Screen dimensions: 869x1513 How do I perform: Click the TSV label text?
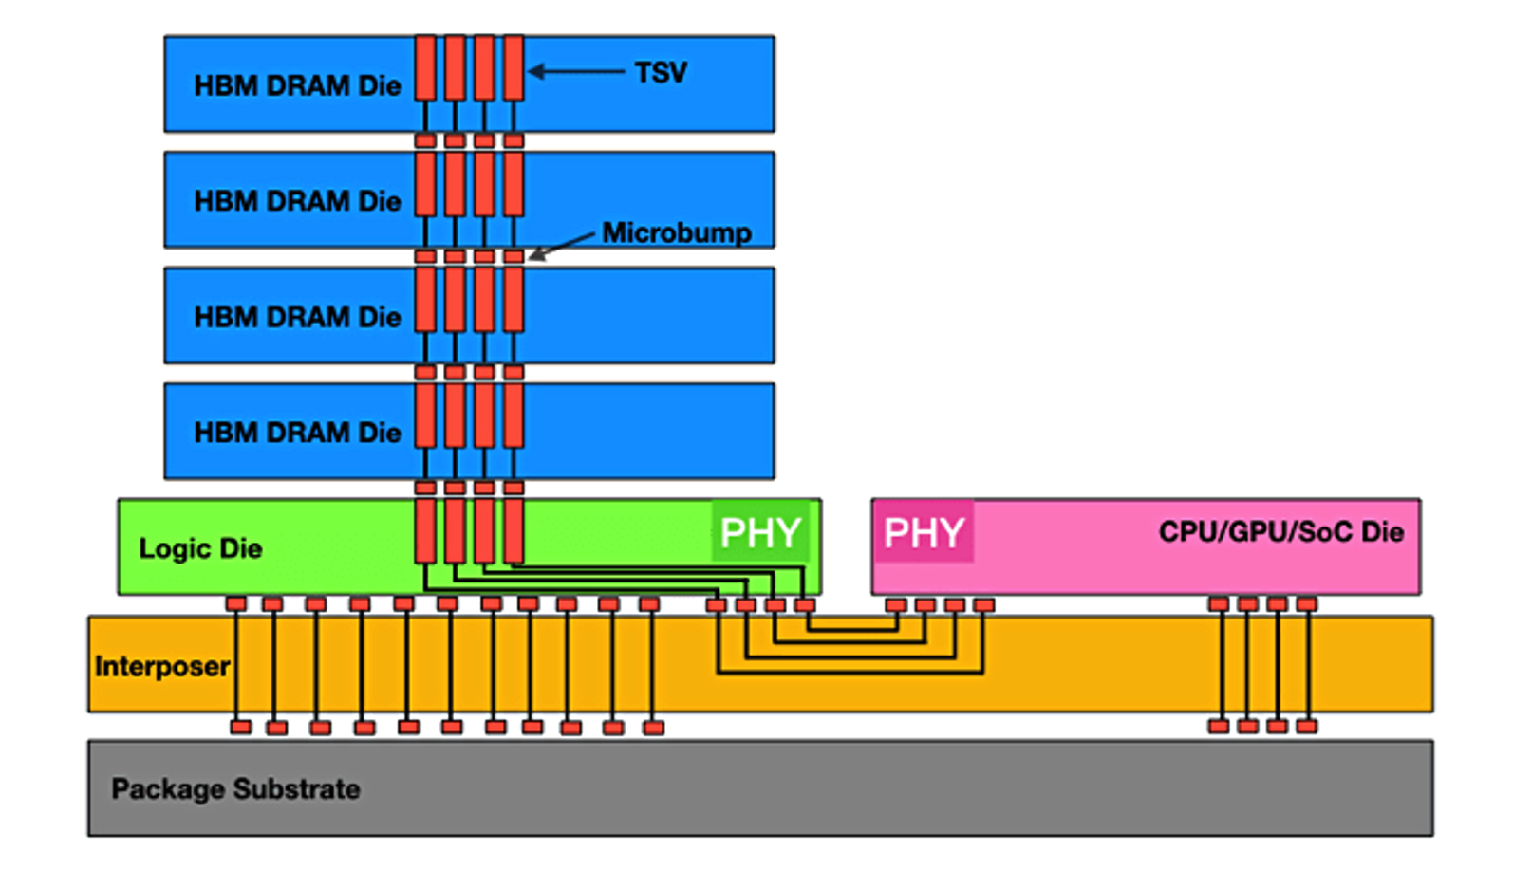click(x=661, y=72)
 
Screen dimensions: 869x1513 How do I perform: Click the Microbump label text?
click(x=676, y=232)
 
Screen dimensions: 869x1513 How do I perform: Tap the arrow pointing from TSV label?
click(x=575, y=71)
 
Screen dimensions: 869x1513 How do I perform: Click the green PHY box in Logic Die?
click(x=760, y=532)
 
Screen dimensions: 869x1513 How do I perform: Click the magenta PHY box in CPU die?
click(x=924, y=532)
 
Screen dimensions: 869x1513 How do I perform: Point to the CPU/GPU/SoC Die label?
click(x=1280, y=531)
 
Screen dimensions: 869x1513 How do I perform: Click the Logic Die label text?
click(x=200, y=548)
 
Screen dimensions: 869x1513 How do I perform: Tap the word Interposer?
click(x=162, y=666)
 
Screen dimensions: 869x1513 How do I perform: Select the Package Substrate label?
click(x=235, y=788)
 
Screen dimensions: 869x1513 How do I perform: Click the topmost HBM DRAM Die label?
click(x=297, y=85)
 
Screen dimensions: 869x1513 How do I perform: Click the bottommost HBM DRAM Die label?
click(x=297, y=433)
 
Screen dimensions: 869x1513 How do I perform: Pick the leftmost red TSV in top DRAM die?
click(x=425, y=67)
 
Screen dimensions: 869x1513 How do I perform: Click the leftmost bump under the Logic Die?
click(x=236, y=604)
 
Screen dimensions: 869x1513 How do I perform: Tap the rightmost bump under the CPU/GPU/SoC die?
click(x=1307, y=604)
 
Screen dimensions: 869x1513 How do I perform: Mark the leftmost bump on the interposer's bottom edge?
click(x=241, y=727)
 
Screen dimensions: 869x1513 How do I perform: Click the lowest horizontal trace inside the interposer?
click(x=850, y=673)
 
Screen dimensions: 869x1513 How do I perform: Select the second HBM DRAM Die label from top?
click(x=297, y=201)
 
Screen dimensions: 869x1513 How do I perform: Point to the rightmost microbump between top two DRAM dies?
click(x=514, y=141)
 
